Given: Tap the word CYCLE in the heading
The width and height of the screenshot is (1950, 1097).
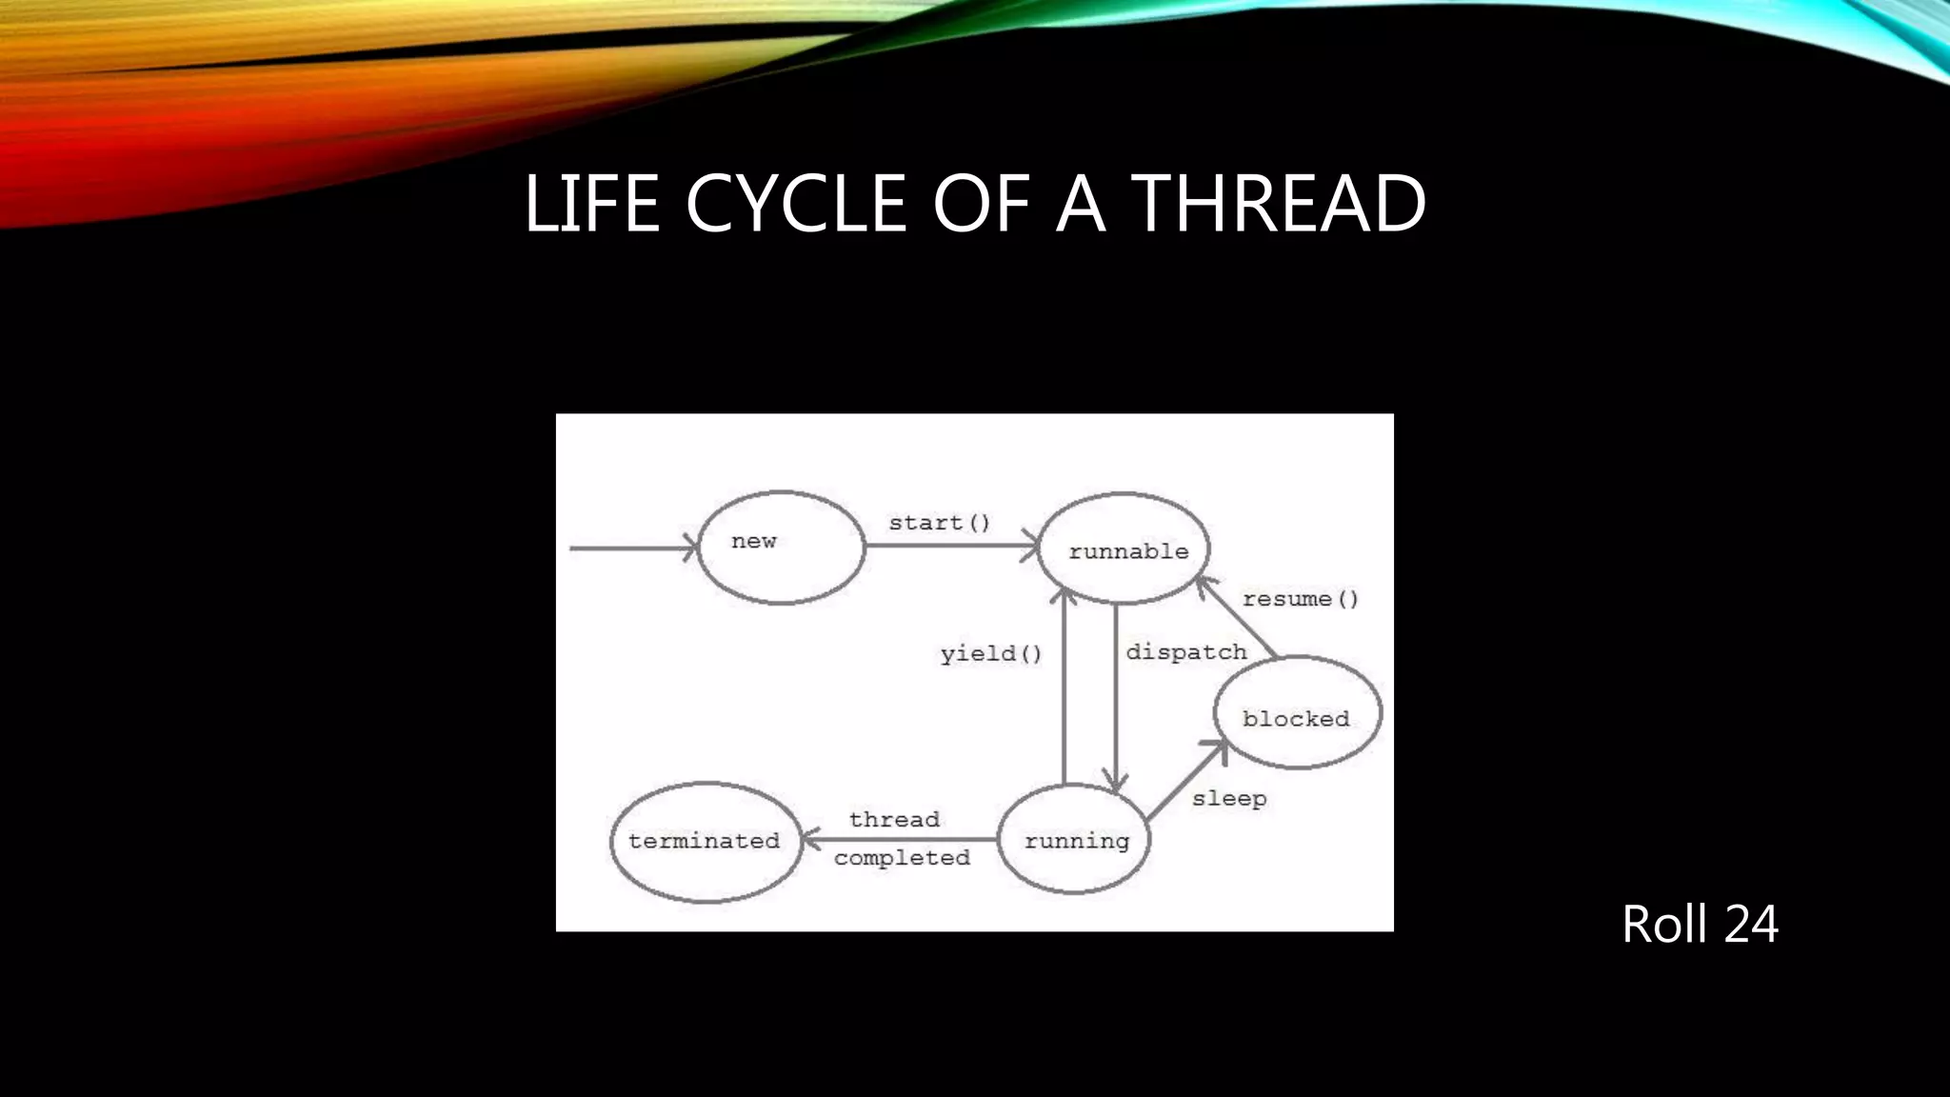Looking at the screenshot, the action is (795, 203).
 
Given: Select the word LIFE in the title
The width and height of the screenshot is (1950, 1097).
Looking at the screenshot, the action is (591, 203).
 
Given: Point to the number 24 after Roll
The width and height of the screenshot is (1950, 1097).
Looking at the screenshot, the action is (1751, 924).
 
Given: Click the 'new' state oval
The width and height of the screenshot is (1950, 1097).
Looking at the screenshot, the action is (781, 548).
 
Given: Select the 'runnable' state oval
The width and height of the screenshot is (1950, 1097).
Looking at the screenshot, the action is (1124, 548).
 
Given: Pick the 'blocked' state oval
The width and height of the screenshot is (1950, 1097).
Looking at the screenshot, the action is (1297, 712).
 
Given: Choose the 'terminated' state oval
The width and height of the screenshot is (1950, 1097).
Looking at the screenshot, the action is (706, 842).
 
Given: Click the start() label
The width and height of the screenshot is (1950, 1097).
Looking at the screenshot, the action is (940, 523).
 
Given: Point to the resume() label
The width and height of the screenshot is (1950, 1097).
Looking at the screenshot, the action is (1300, 599).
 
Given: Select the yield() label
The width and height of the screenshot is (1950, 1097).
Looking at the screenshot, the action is (991, 653).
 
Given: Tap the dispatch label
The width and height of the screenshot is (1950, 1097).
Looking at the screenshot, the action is (1186, 652).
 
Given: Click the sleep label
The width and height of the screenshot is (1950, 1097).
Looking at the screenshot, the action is (1229, 799).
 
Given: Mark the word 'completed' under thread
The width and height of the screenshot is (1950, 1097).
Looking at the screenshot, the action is (902, 858).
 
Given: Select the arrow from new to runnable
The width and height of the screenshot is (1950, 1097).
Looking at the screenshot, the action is (952, 546).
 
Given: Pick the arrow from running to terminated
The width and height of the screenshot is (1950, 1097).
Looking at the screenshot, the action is (900, 839).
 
